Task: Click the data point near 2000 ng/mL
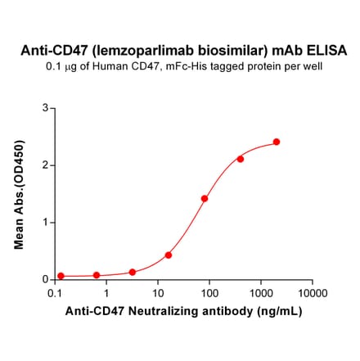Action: point(277,142)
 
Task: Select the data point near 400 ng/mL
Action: point(241,159)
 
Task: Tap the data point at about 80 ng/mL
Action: point(205,198)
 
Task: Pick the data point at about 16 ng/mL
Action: point(169,255)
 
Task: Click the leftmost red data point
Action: point(61,276)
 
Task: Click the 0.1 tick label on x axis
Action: point(56,292)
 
